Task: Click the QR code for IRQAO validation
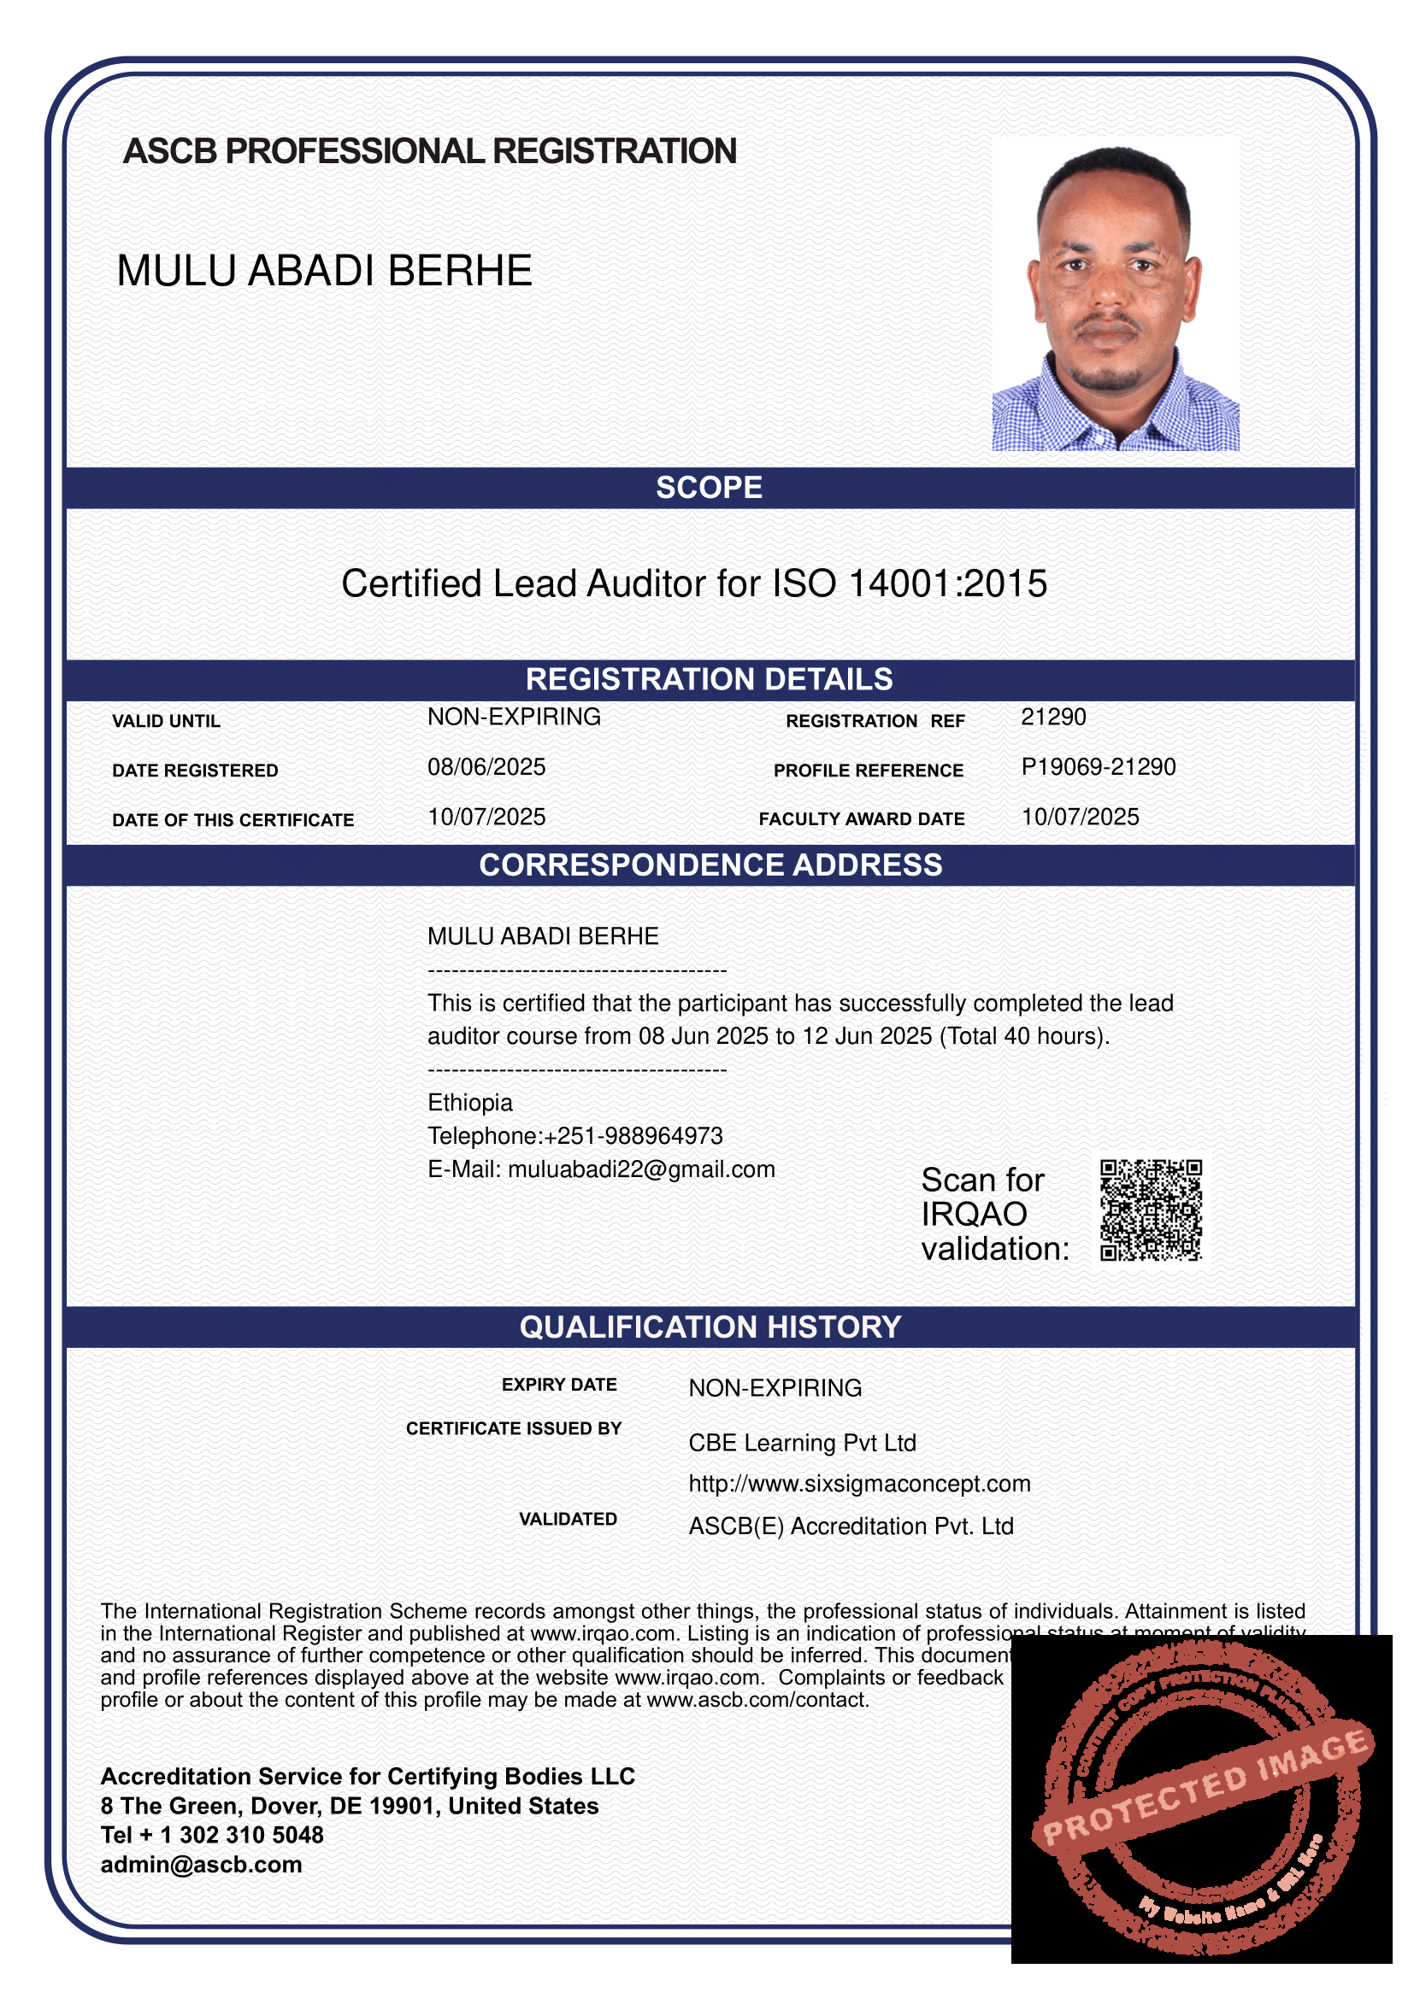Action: [1150, 1210]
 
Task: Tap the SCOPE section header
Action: [709, 487]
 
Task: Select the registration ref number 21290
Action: [1053, 717]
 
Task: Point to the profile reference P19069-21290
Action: [1098, 766]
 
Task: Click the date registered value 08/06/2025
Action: [486, 766]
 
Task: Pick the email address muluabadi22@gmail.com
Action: [641, 1169]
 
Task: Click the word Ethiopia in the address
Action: [469, 1103]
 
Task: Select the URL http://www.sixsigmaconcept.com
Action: [859, 1484]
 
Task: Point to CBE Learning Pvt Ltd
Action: [802, 1443]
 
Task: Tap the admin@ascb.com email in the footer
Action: [201, 1865]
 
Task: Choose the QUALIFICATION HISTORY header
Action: [710, 1327]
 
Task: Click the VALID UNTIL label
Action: [167, 722]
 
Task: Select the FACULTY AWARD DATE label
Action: [861, 819]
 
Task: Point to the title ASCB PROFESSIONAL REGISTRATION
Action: [430, 151]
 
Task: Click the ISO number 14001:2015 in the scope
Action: [947, 584]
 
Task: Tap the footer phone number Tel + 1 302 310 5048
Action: [211, 1835]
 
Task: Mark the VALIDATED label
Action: [568, 1520]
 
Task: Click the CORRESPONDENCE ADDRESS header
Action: [710, 865]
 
